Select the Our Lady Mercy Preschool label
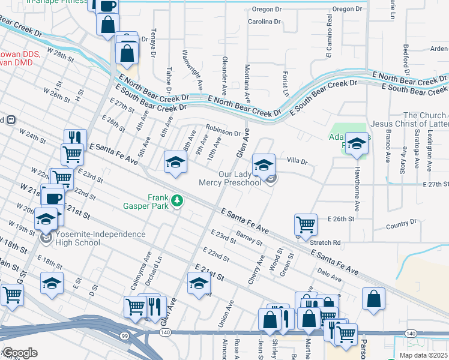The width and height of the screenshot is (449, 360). coord(231,178)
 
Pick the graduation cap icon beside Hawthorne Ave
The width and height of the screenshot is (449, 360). coord(357,143)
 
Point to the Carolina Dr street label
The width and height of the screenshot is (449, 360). coord(264,22)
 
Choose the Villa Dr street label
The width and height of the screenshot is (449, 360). coord(297,161)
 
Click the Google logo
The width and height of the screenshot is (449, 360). coord(20,353)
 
